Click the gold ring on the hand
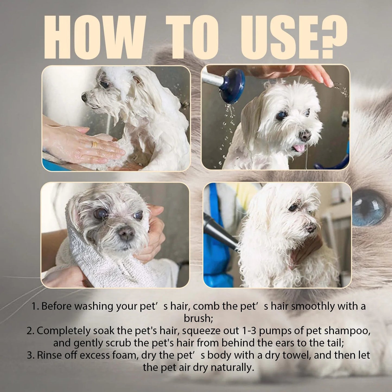(x=94, y=144)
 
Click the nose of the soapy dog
(x=84, y=97)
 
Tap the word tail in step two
(x=334, y=343)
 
